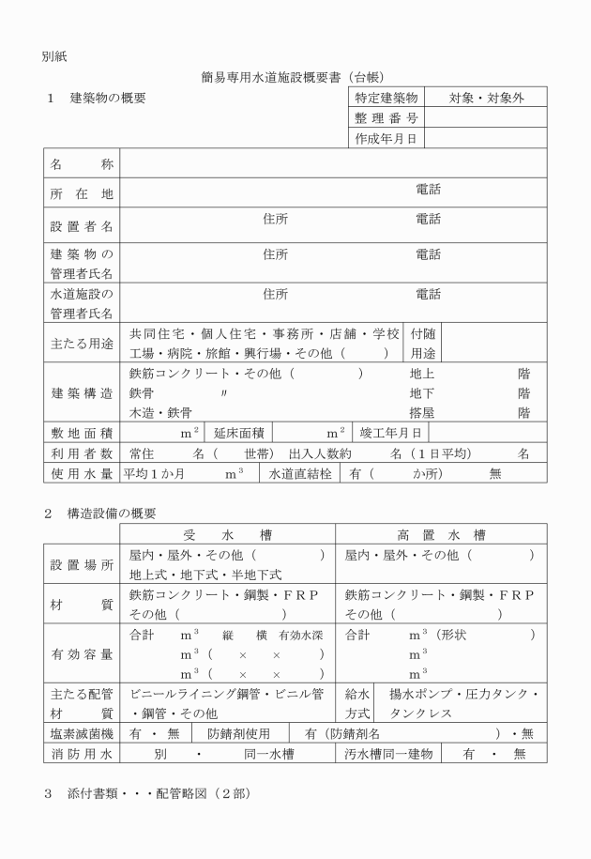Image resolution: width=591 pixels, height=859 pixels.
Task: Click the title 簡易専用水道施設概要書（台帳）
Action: tap(295, 77)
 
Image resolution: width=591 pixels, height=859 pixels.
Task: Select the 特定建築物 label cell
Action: tap(386, 98)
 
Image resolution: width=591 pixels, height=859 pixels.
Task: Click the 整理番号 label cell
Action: tap(386, 118)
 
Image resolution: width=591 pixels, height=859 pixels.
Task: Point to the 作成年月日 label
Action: tap(386, 139)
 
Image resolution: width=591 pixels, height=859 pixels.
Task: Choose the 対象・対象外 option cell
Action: tap(486, 98)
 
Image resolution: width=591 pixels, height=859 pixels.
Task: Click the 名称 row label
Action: tap(82, 163)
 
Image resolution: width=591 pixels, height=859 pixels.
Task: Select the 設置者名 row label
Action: tap(82, 225)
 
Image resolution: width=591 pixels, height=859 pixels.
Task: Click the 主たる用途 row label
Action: tap(82, 344)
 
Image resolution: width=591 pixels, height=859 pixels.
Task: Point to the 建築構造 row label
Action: tap(82, 392)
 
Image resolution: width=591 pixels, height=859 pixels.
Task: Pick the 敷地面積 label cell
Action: tap(82, 433)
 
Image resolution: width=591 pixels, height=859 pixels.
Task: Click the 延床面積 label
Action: tap(238, 433)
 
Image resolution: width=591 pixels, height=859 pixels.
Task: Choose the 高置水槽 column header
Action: tap(440, 535)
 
